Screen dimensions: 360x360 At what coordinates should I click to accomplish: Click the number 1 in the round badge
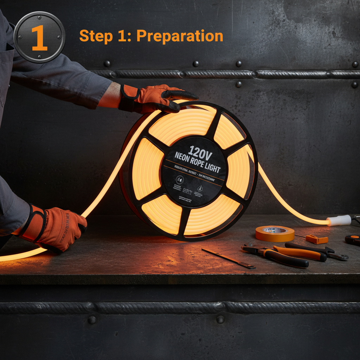point(39,38)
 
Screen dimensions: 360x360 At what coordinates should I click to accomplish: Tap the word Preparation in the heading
point(180,36)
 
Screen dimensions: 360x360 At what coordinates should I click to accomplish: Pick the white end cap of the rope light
point(339,220)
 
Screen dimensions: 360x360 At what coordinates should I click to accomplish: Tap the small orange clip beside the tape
point(317,239)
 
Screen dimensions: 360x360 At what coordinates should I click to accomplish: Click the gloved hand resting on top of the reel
point(158,98)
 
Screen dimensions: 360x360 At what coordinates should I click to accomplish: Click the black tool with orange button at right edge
point(353,240)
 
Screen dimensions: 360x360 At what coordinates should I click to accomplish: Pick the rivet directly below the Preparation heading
point(195,64)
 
